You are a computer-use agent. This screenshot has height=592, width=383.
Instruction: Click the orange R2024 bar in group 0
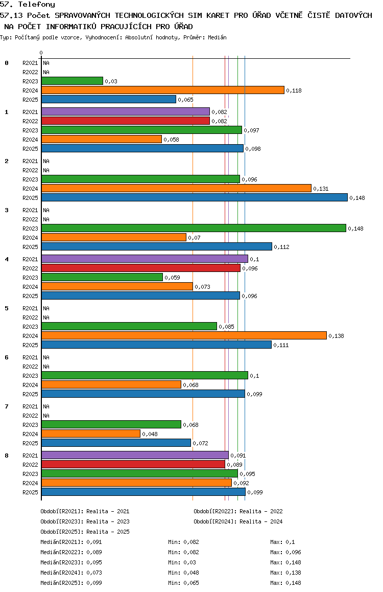(x=163, y=90)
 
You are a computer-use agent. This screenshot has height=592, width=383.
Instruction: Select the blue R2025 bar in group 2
(x=195, y=197)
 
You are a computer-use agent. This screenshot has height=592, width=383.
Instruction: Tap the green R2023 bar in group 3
(x=194, y=228)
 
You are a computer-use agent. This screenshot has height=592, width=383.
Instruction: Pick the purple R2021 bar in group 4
(x=145, y=259)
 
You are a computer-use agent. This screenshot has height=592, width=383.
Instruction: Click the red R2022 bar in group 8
(x=133, y=464)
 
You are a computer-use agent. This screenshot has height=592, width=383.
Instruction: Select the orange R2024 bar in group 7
(x=91, y=434)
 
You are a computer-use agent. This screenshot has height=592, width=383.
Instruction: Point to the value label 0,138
(x=336, y=336)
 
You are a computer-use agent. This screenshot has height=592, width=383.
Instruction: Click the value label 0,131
(x=321, y=189)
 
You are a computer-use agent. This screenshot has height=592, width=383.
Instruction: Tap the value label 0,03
(x=111, y=81)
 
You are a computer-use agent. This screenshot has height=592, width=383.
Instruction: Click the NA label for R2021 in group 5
(x=46, y=308)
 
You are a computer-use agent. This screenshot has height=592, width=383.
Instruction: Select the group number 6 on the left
(x=7, y=357)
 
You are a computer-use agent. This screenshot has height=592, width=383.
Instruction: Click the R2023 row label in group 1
(x=30, y=130)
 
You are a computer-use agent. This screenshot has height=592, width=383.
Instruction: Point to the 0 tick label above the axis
(x=41, y=53)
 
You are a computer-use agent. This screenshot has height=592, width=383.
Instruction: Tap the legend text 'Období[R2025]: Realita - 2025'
(x=85, y=532)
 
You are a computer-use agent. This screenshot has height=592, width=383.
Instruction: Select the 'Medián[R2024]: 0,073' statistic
(x=71, y=573)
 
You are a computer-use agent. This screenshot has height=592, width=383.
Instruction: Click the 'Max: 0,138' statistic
(x=286, y=573)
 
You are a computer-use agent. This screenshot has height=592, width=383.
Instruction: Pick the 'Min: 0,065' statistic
(x=183, y=583)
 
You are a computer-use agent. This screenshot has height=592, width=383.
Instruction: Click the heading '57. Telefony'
(x=28, y=5)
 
